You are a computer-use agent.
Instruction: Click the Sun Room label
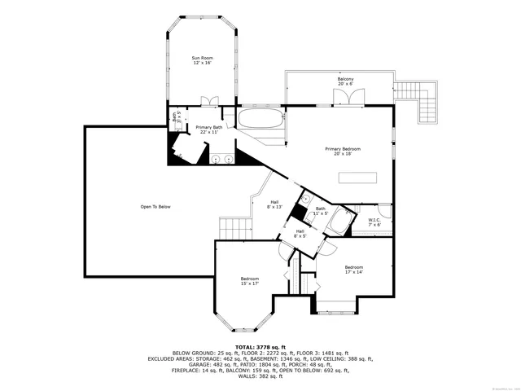(x=202, y=60)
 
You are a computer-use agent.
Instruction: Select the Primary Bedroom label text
(x=342, y=152)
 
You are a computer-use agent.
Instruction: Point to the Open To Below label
(x=155, y=207)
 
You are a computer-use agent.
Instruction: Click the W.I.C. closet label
(x=374, y=221)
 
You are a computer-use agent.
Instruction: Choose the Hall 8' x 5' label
(x=300, y=233)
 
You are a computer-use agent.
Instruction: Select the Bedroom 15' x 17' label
(x=249, y=281)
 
